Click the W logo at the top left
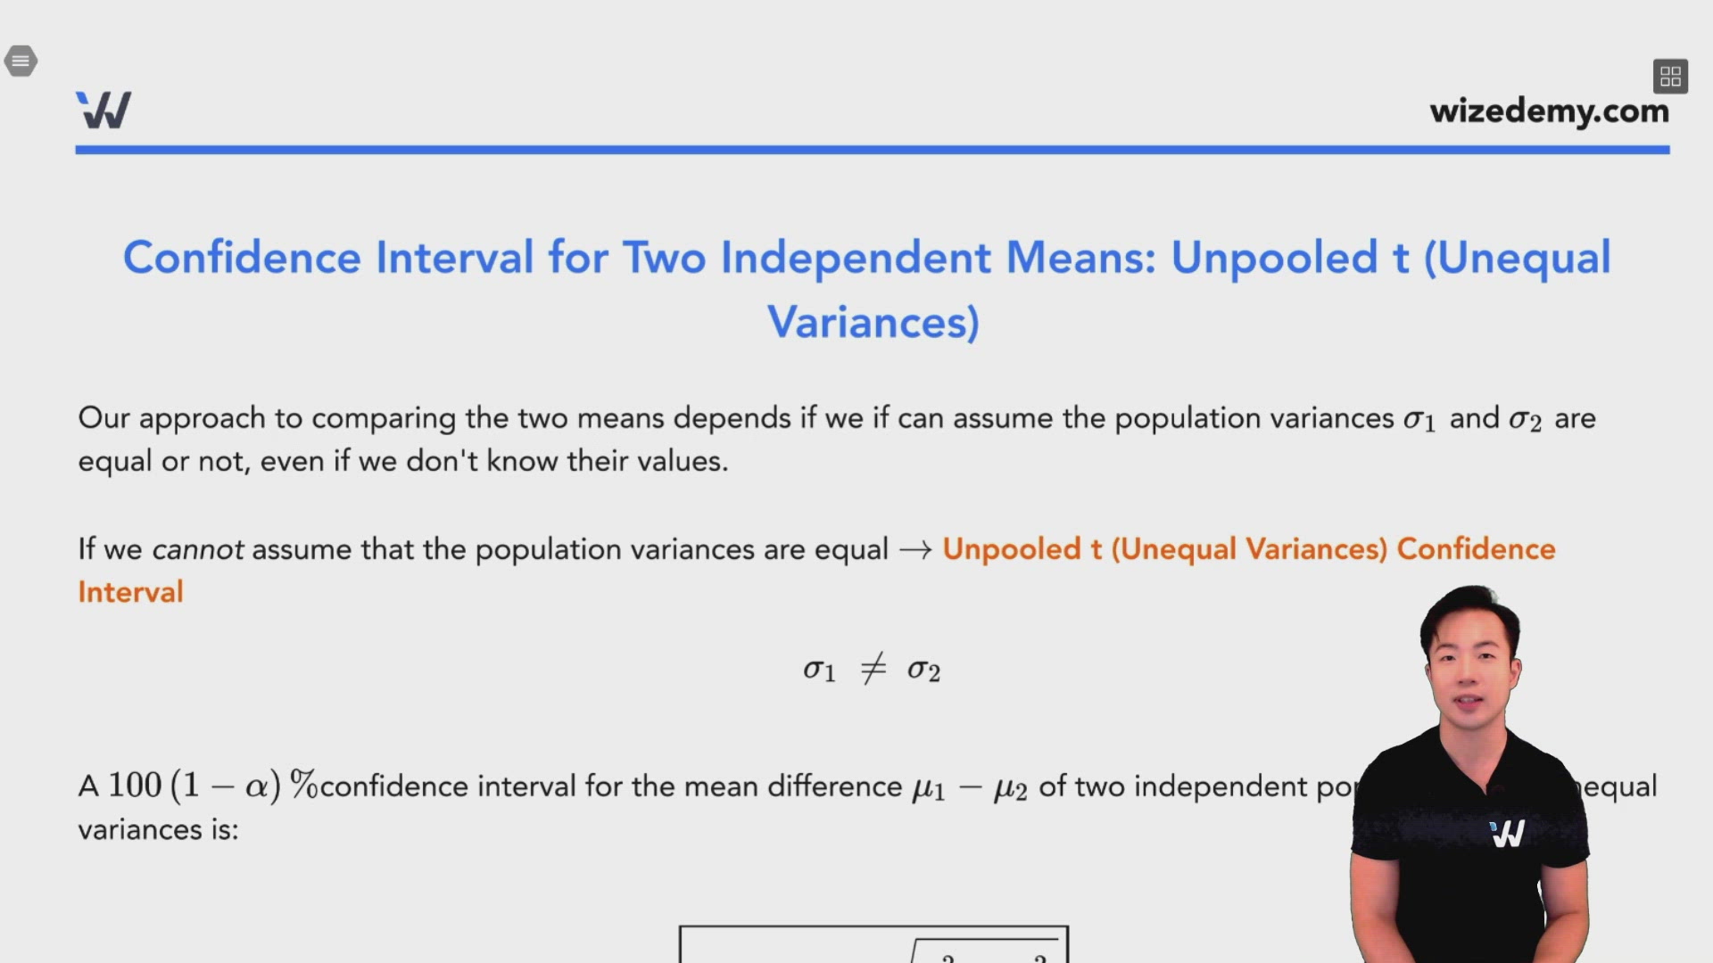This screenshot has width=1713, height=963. tap(103, 111)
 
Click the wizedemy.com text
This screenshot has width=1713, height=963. tap(1549, 111)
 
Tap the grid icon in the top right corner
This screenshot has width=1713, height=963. tap(1670, 77)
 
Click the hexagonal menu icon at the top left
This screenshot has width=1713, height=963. tap(21, 62)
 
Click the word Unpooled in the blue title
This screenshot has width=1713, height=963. tap(1274, 259)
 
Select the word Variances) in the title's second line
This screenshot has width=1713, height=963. tap(873, 323)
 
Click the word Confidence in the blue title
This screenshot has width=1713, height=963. tap(241, 259)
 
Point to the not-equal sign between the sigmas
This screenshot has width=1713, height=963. tap(873, 669)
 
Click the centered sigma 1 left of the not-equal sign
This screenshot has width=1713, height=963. tap(818, 670)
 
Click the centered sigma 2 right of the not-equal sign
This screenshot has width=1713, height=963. tap(923, 670)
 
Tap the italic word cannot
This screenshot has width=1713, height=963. tap(197, 549)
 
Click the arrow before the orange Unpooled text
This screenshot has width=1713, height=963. tap(915, 549)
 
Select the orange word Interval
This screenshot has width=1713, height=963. tap(130, 592)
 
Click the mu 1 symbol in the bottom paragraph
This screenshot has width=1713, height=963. tap(928, 788)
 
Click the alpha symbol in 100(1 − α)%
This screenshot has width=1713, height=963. tap(256, 786)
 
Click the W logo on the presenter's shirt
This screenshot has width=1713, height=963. tap(1508, 834)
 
